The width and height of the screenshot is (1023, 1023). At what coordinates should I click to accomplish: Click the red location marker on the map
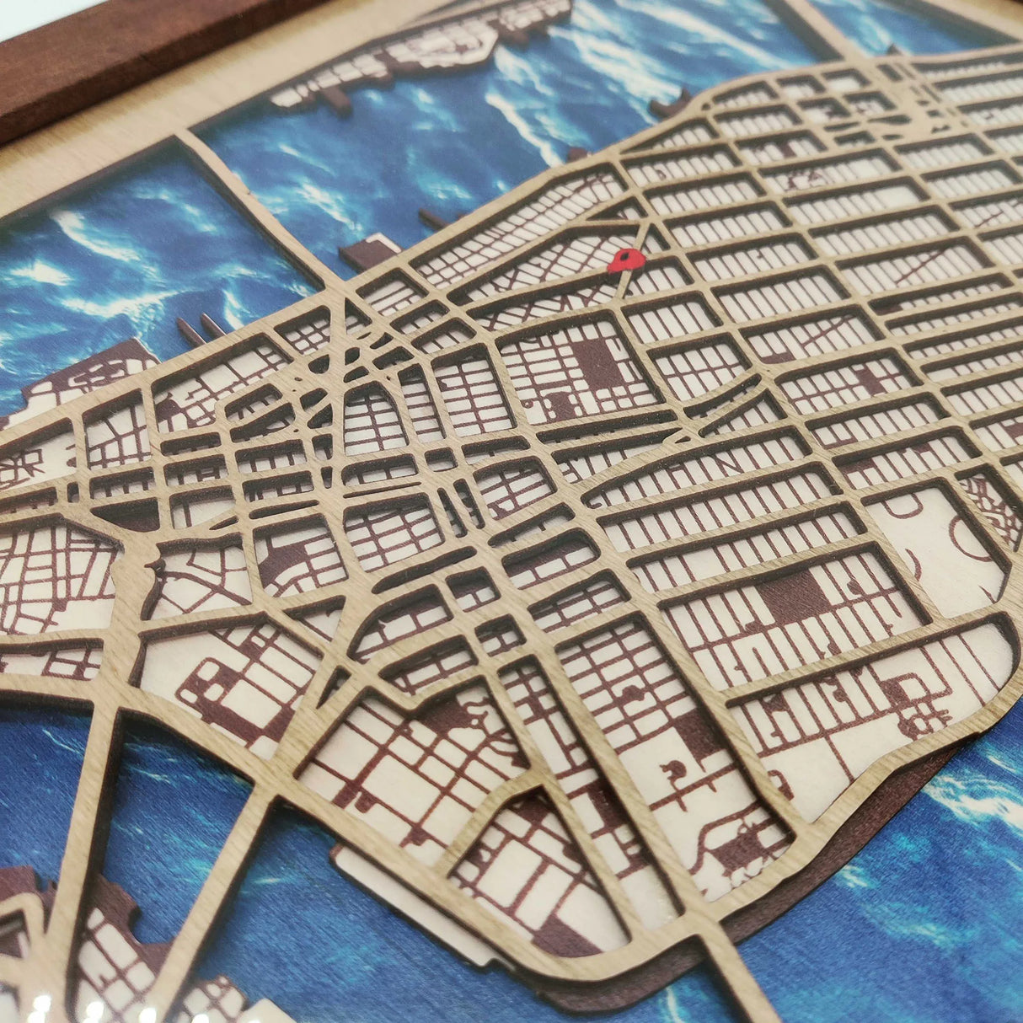point(626,260)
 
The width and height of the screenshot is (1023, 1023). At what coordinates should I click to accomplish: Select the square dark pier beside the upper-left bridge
point(371,251)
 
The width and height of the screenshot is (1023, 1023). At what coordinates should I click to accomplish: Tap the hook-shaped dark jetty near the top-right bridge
point(670,108)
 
